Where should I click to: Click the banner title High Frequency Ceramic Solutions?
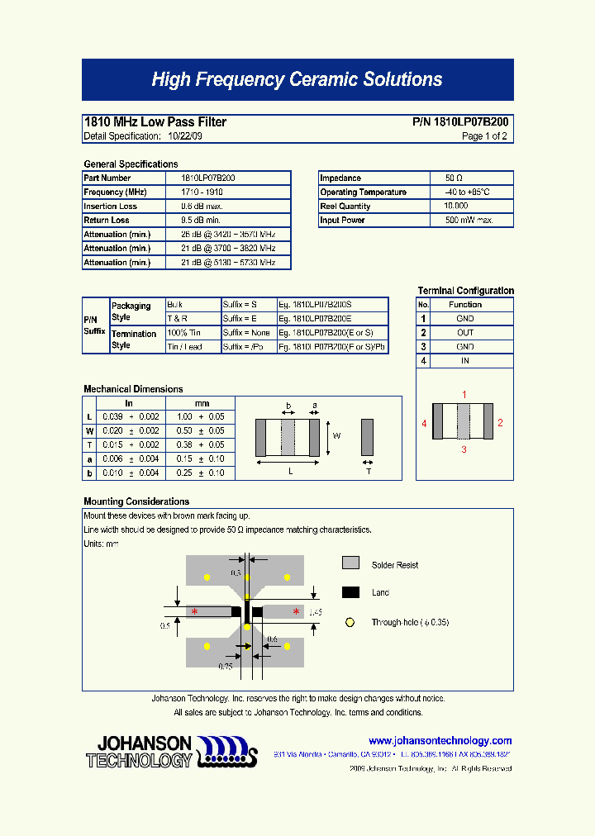click(297, 80)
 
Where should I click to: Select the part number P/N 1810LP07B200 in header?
click(460, 122)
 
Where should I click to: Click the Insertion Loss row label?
click(111, 207)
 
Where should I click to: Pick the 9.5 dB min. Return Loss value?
click(200, 221)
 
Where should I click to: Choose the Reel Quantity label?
click(345, 207)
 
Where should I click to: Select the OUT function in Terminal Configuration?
click(465, 333)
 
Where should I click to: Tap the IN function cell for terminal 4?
click(465, 361)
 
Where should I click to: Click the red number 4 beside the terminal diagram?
click(424, 423)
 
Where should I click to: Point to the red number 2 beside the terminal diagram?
click(500, 423)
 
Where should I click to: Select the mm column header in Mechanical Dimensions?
click(200, 403)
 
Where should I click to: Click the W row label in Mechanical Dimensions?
click(89, 431)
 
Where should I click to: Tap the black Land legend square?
click(350, 592)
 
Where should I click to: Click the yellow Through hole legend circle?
click(350, 622)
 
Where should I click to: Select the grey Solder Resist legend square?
click(350, 563)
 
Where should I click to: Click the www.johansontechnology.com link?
click(440, 741)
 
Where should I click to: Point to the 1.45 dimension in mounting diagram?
click(315, 613)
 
